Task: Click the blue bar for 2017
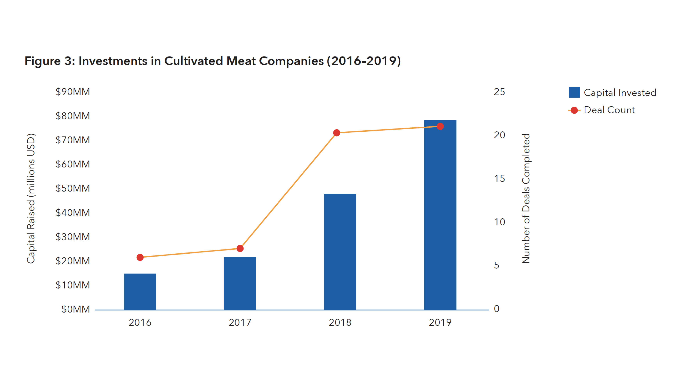click(240, 283)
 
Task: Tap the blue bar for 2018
click(340, 252)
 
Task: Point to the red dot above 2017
click(240, 249)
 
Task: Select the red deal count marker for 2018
click(336, 133)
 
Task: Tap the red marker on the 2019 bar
click(440, 126)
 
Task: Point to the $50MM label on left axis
click(73, 188)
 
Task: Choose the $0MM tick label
click(75, 309)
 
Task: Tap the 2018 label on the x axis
click(340, 322)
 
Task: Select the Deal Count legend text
click(609, 110)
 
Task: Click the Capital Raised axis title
click(31, 198)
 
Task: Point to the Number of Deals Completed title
click(526, 198)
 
